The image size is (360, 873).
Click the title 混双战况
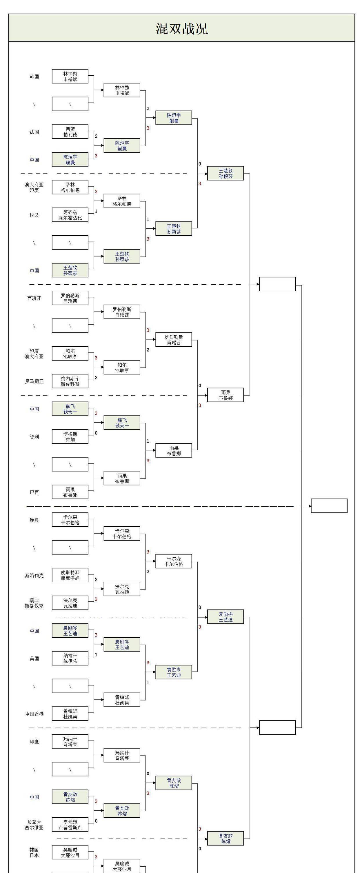click(181, 28)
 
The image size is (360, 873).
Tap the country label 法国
click(34, 132)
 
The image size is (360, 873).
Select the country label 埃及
click(34, 215)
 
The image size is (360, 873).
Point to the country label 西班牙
click(34, 298)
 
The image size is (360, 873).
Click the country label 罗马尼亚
click(34, 381)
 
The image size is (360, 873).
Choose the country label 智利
click(34, 437)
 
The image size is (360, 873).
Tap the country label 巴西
click(34, 492)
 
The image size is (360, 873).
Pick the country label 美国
click(34, 659)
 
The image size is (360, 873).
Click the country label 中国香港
click(34, 714)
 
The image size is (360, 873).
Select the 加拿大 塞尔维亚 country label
click(34, 825)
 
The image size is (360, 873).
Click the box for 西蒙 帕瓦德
click(70, 132)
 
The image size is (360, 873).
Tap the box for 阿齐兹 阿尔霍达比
click(70, 215)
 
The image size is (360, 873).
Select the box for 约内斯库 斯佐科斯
click(70, 381)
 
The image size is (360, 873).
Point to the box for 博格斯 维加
click(70, 437)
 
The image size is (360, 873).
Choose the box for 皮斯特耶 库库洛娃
click(70, 575)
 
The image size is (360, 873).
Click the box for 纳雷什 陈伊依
click(70, 658)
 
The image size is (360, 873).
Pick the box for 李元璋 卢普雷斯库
click(70, 825)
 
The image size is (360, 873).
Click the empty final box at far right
click(329, 506)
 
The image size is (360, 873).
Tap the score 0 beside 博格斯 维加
click(96, 433)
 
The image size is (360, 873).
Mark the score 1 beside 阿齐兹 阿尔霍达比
click(96, 211)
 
